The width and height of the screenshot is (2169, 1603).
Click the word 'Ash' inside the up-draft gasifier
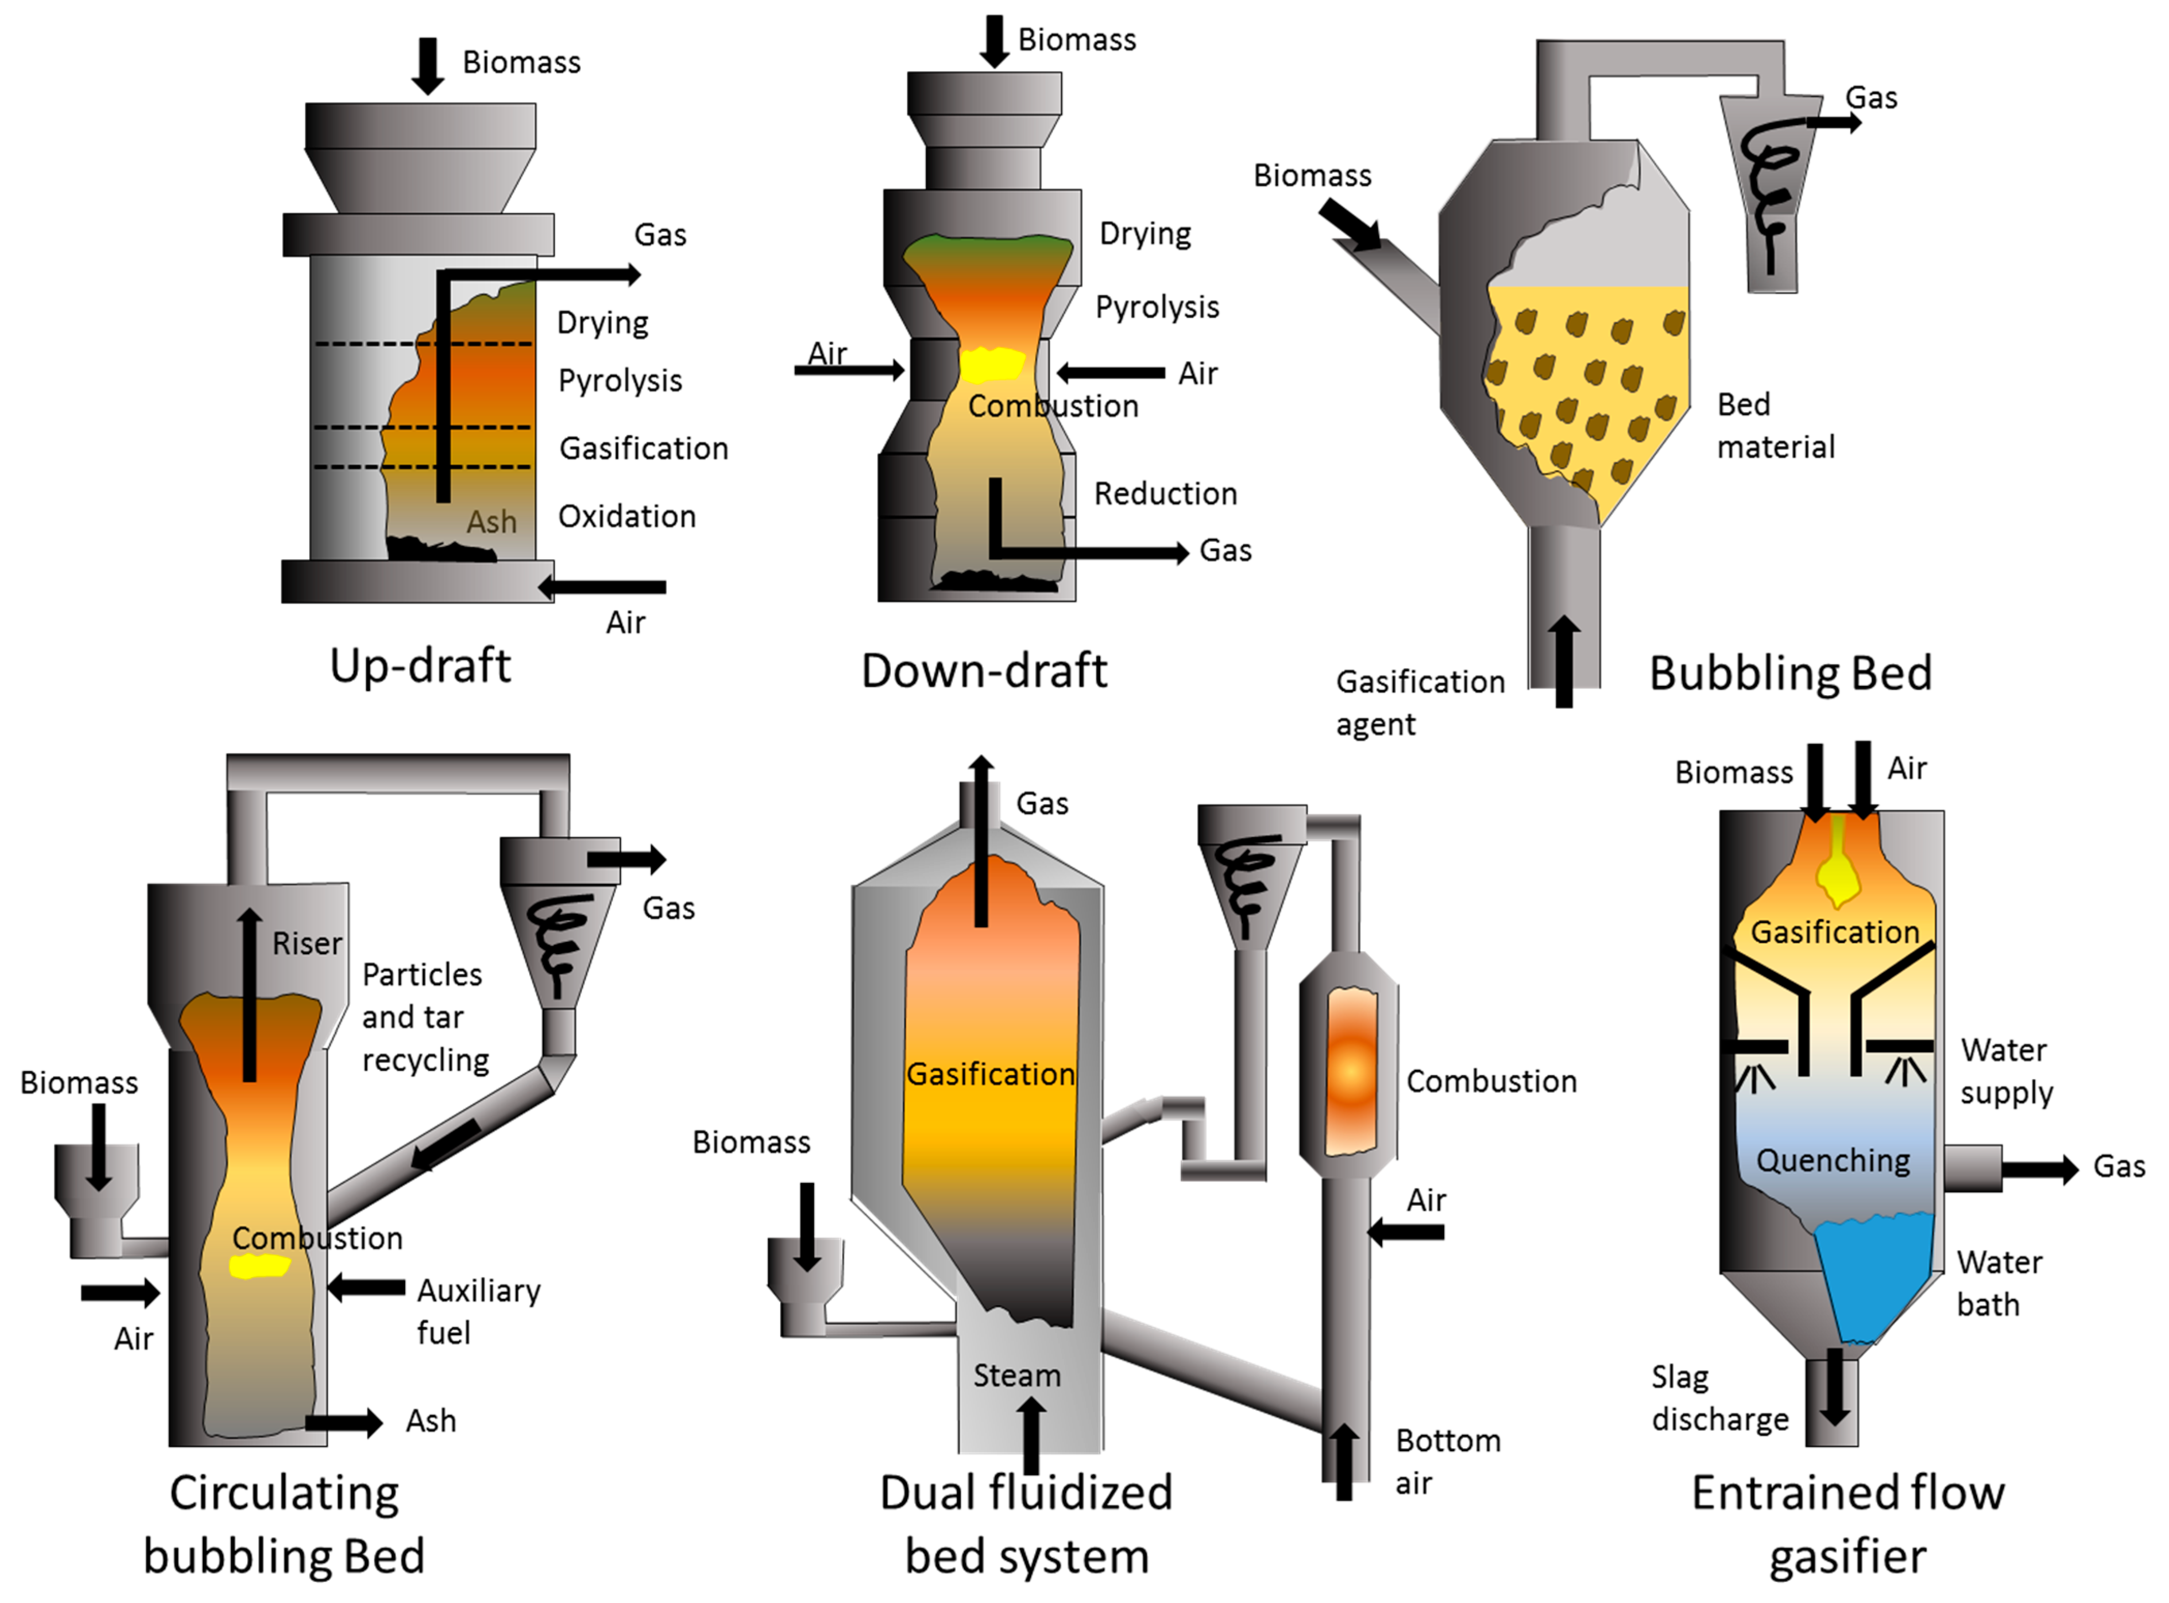(x=491, y=522)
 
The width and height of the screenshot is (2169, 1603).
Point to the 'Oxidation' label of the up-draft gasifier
(x=627, y=516)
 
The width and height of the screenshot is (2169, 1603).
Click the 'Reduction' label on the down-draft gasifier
(x=1165, y=494)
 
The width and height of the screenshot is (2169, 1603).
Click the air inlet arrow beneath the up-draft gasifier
(x=601, y=587)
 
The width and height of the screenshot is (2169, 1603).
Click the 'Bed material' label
(x=1775, y=425)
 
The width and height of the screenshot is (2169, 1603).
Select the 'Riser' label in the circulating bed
(x=307, y=944)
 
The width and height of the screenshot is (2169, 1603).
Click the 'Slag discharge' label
(x=1719, y=1398)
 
